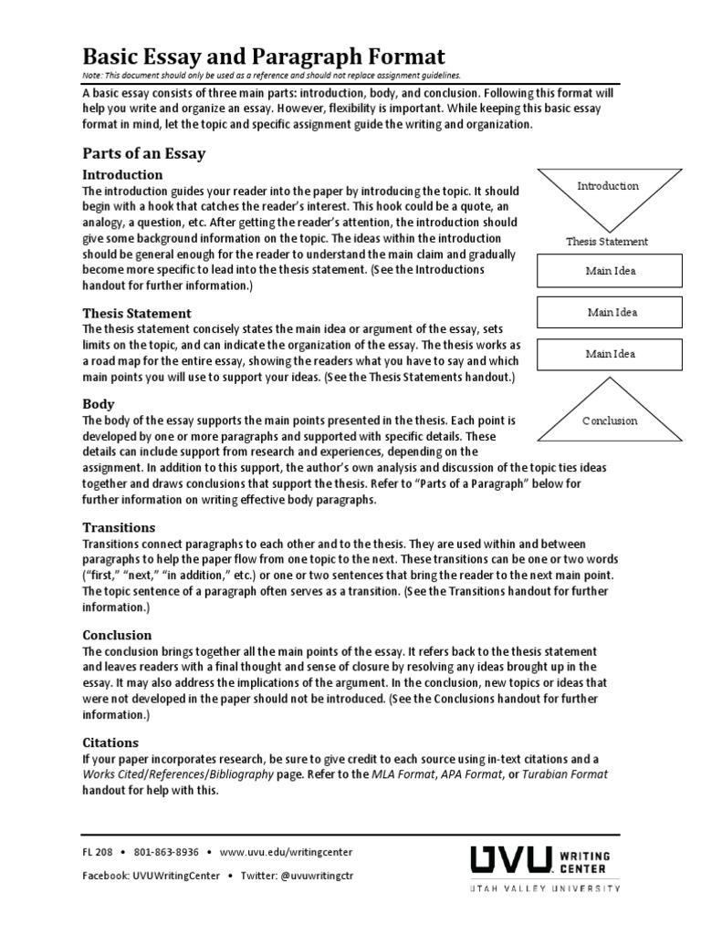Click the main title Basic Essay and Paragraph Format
point(264,56)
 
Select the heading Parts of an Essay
point(144,153)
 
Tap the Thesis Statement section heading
point(137,313)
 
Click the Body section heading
point(99,402)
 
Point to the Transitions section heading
point(119,527)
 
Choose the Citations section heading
point(110,742)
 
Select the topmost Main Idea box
point(611,271)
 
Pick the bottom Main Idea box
point(611,354)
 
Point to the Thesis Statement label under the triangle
point(607,242)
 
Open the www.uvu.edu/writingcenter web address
point(286,852)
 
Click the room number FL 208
point(98,852)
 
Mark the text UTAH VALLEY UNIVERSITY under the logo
point(545,887)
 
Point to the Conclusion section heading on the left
point(117,635)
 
